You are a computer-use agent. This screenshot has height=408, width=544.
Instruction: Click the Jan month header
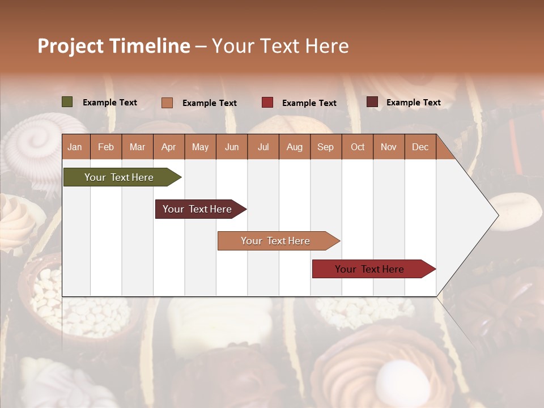[75, 147]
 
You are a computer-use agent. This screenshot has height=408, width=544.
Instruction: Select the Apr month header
[168, 147]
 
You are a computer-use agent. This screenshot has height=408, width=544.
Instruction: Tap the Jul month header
[263, 147]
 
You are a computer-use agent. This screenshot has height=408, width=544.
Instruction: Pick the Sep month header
[325, 147]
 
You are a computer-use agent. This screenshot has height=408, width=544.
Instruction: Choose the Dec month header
[420, 147]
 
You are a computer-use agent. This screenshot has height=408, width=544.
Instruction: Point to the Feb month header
[106, 147]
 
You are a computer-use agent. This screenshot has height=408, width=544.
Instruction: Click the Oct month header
[358, 147]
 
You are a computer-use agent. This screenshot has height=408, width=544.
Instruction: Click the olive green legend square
[67, 102]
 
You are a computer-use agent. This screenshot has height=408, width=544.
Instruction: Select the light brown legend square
[167, 103]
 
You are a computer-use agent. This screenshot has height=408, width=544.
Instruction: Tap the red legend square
[267, 103]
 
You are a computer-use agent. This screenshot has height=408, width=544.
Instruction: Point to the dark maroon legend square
[372, 102]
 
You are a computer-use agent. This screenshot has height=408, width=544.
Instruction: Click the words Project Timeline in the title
[114, 46]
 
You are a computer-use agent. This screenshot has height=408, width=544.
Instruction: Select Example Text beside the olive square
[110, 103]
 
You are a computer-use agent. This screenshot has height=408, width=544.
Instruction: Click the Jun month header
[232, 147]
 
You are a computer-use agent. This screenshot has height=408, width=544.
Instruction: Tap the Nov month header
[389, 147]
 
